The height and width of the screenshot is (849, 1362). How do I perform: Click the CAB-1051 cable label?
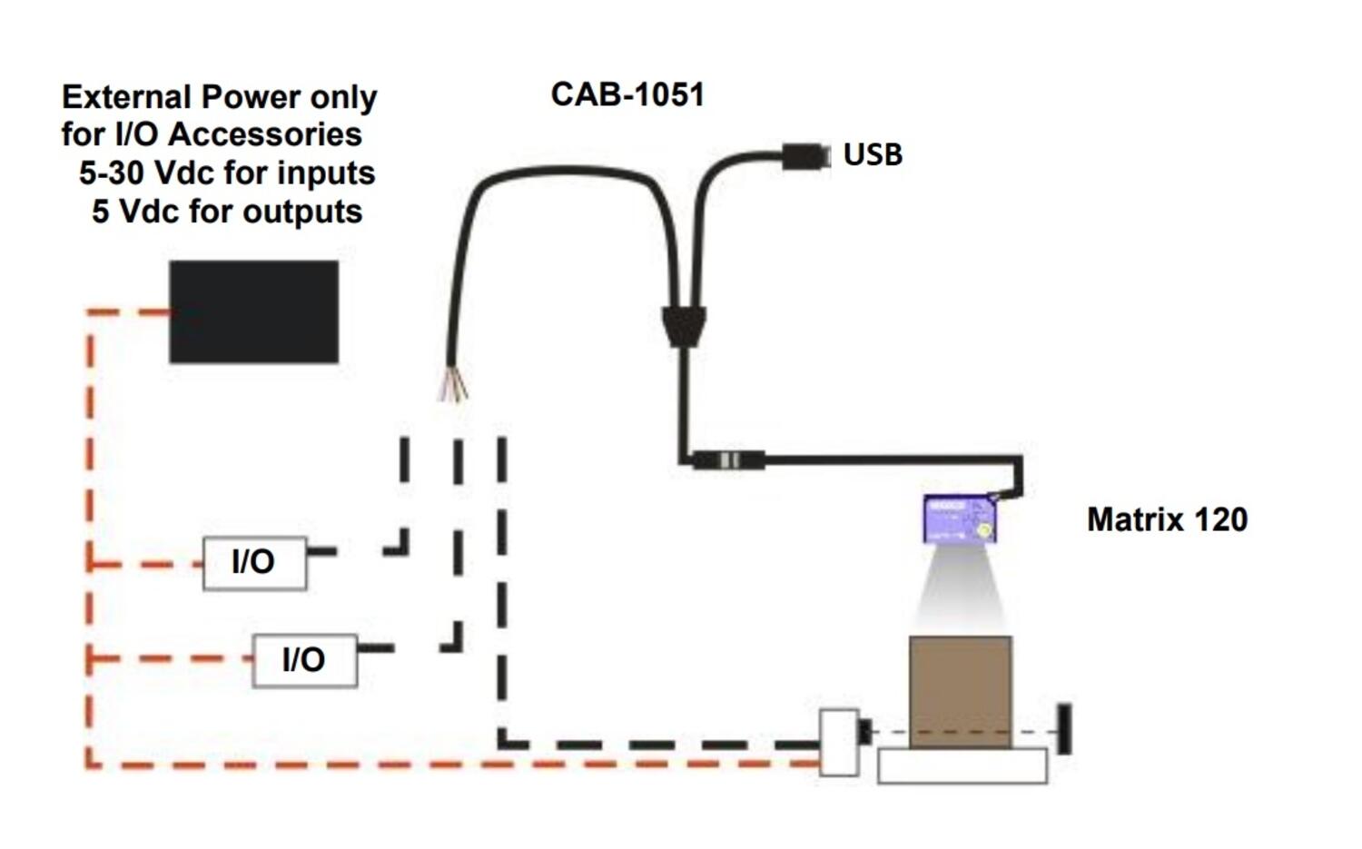tap(627, 94)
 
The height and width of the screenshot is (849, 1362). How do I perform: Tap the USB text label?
tap(873, 154)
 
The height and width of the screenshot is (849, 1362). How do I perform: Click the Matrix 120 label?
tap(1167, 519)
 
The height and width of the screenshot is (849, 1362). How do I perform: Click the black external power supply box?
tap(254, 312)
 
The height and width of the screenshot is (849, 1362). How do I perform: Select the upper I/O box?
tap(254, 563)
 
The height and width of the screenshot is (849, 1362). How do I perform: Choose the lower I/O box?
tap(304, 660)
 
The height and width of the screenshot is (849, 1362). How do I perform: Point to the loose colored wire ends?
tap(453, 385)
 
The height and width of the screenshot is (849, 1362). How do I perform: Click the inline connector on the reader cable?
tap(729, 460)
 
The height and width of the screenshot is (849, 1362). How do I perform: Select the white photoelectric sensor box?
tap(839, 743)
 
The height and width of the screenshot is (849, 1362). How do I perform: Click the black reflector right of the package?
tap(1064, 728)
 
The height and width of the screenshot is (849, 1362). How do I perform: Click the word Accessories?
tap(265, 134)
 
